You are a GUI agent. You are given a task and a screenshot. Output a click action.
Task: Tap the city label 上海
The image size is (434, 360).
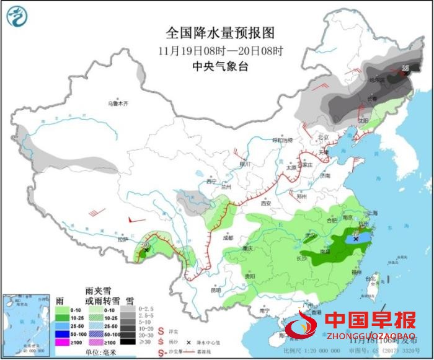point(373,213)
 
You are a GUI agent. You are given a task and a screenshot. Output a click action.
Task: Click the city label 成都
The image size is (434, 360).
point(228,237)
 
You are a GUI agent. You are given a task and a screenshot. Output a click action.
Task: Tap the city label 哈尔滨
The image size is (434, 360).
point(377,80)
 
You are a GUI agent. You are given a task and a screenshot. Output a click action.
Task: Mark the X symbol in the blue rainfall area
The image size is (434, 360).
point(356,238)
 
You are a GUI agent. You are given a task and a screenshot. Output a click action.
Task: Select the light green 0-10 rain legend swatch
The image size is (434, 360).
point(60,308)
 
